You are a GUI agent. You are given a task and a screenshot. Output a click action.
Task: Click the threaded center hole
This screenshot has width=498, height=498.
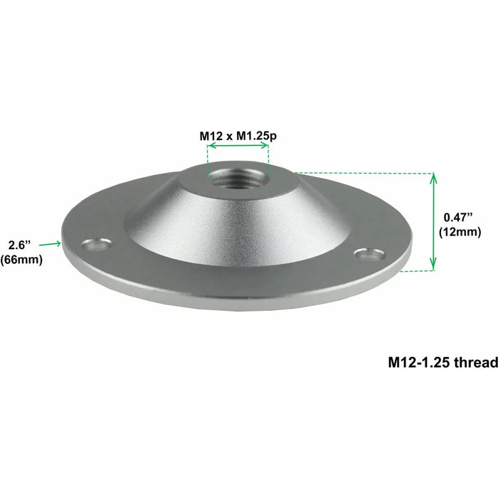[x=237, y=176]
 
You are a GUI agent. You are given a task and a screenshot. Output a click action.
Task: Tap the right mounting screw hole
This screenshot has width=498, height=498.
[x=366, y=253]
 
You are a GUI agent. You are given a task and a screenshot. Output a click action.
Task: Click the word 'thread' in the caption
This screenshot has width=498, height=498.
[x=475, y=362]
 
